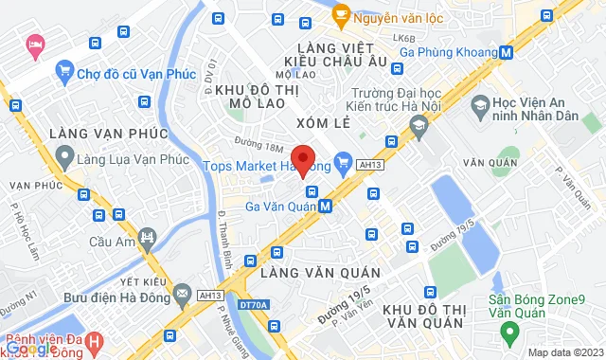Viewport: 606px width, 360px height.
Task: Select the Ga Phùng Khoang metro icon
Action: pos(508,53)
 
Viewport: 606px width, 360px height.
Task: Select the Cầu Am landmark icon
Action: pos(146,236)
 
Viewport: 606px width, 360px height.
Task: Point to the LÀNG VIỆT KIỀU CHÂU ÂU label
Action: pos(329,54)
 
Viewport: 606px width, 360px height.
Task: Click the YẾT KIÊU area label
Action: pos(140,281)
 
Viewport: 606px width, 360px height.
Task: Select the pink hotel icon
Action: pos(36,44)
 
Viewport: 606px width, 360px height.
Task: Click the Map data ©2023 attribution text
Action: pos(563,352)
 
